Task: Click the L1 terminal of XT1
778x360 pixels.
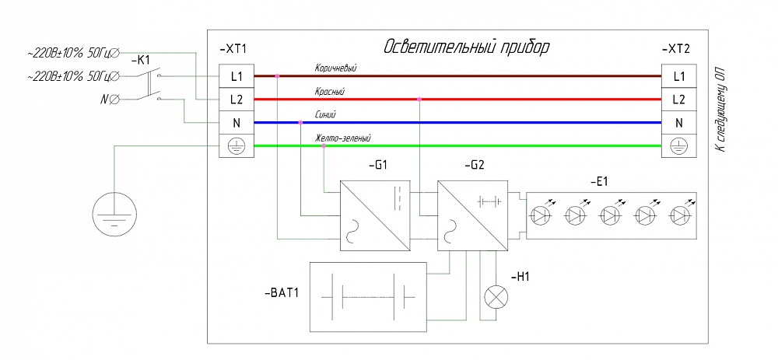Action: (x=237, y=76)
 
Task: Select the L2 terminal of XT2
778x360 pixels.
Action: (x=678, y=100)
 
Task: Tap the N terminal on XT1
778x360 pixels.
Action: (x=237, y=123)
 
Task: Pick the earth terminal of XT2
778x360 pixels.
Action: (x=678, y=145)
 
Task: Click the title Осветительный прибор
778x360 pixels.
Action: (x=467, y=47)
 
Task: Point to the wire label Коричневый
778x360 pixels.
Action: (x=335, y=68)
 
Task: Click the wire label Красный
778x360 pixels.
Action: (x=329, y=92)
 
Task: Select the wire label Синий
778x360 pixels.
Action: (x=325, y=115)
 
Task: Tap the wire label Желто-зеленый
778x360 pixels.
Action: (x=342, y=138)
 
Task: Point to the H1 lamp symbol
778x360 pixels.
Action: (x=496, y=298)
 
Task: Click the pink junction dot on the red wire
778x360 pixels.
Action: (x=419, y=100)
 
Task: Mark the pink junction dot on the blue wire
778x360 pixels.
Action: (x=301, y=123)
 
